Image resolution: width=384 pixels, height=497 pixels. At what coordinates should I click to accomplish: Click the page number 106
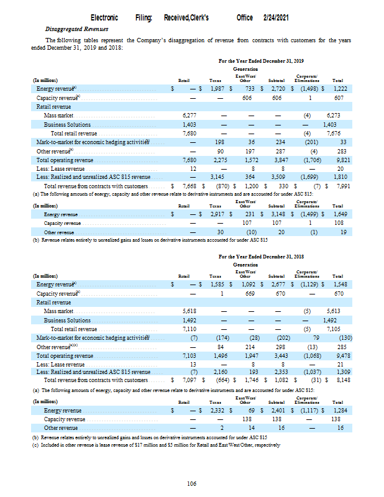point(192,484)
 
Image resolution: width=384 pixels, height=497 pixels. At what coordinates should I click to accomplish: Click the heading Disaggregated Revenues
point(76,29)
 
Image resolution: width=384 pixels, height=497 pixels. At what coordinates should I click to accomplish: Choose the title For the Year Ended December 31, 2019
point(261,62)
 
